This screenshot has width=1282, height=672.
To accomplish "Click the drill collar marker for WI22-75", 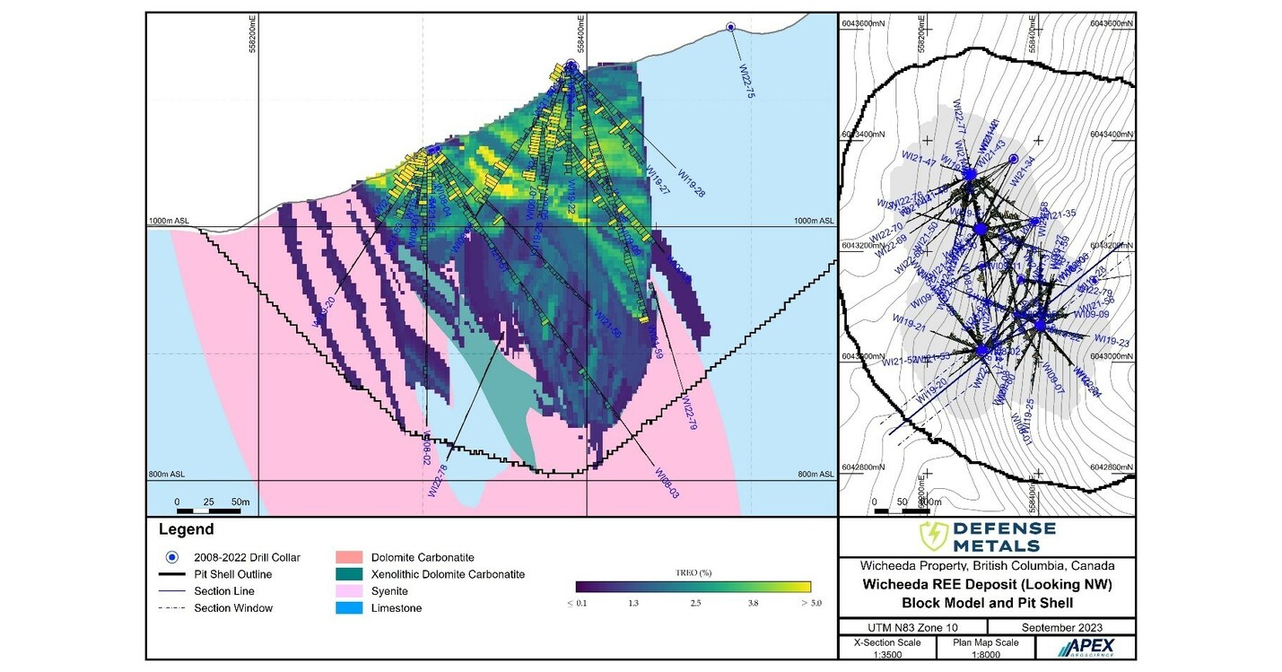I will click(x=730, y=28).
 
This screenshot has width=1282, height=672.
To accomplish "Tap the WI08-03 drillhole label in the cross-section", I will click(x=667, y=483).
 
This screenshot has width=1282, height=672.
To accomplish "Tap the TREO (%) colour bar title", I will click(x=693, y=572).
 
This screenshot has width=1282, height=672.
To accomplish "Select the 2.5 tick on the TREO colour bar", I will click(x=694, y=604).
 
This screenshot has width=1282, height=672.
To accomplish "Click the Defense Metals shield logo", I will click(x=933, y=537).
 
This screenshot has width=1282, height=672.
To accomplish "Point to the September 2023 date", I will click(x=1061, y=626).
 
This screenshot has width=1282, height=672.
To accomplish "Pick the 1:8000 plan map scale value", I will click(x=986, y=654).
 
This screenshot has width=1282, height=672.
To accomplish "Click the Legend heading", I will click(x=186, y=529).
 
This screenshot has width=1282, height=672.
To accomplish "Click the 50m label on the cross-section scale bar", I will click(x=240, y=501).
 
